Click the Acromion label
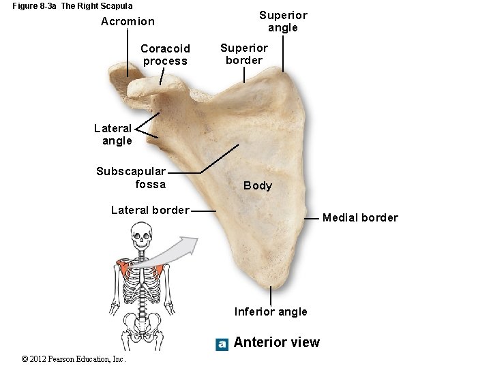click(x=128, y=22)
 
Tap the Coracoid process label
click(x=165, y=55)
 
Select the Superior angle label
click(x=283, y=21)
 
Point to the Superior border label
click(x=244, y=54)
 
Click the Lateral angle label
click(x=113, y=134)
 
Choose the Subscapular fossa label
click(x=131, y=178)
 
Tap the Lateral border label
click(x=150, y=210)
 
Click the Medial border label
click(x=360, y=218)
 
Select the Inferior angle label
click(x=271, y=312)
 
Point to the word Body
click(x=258, y=185)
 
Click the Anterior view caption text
click(x=276, y=342)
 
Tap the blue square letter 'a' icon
click(x=222, y=344)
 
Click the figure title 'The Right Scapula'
click(x=97, y=6)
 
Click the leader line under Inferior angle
click(x=271, y=296)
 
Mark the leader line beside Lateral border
click(x=203, y=211)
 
